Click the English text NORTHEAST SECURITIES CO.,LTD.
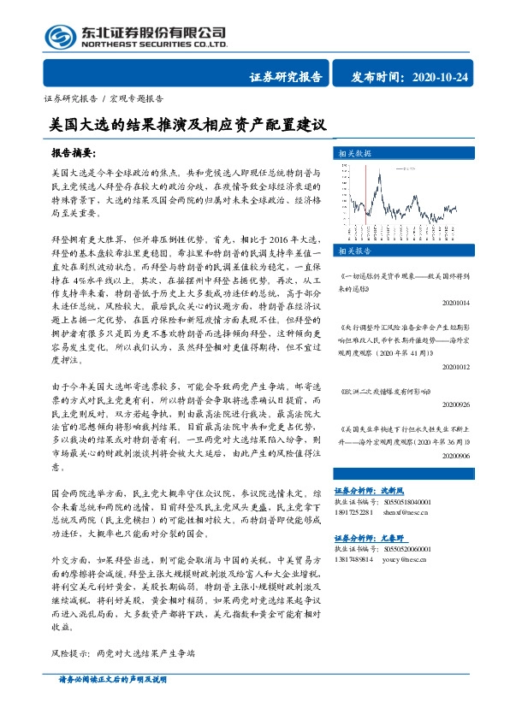154,43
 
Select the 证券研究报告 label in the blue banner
285,79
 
